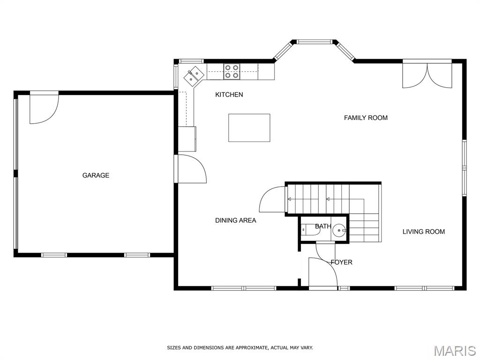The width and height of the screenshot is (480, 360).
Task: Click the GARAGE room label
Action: pos(96,175)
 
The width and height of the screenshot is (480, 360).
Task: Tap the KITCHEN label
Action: pos(229,95)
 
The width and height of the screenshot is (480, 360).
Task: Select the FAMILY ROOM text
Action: pos(366,118)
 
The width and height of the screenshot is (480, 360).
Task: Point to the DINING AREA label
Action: pos(235,220)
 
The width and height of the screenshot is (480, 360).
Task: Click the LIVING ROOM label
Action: pos(423,232)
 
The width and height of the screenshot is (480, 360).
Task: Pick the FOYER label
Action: pos(341,262)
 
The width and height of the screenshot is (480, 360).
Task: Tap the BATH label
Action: pos(323,226)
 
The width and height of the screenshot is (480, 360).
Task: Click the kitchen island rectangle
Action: pos(249,127)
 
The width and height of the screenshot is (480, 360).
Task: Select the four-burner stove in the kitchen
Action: pos(232,71)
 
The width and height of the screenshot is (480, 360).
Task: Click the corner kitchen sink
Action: pos(194,75)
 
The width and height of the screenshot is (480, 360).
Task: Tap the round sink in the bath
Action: pos(339,230)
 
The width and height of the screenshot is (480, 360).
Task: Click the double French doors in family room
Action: pos(427,75)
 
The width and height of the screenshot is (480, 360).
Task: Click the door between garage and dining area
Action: pos(192,169)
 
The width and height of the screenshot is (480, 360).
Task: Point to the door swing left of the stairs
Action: pos(272,199)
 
